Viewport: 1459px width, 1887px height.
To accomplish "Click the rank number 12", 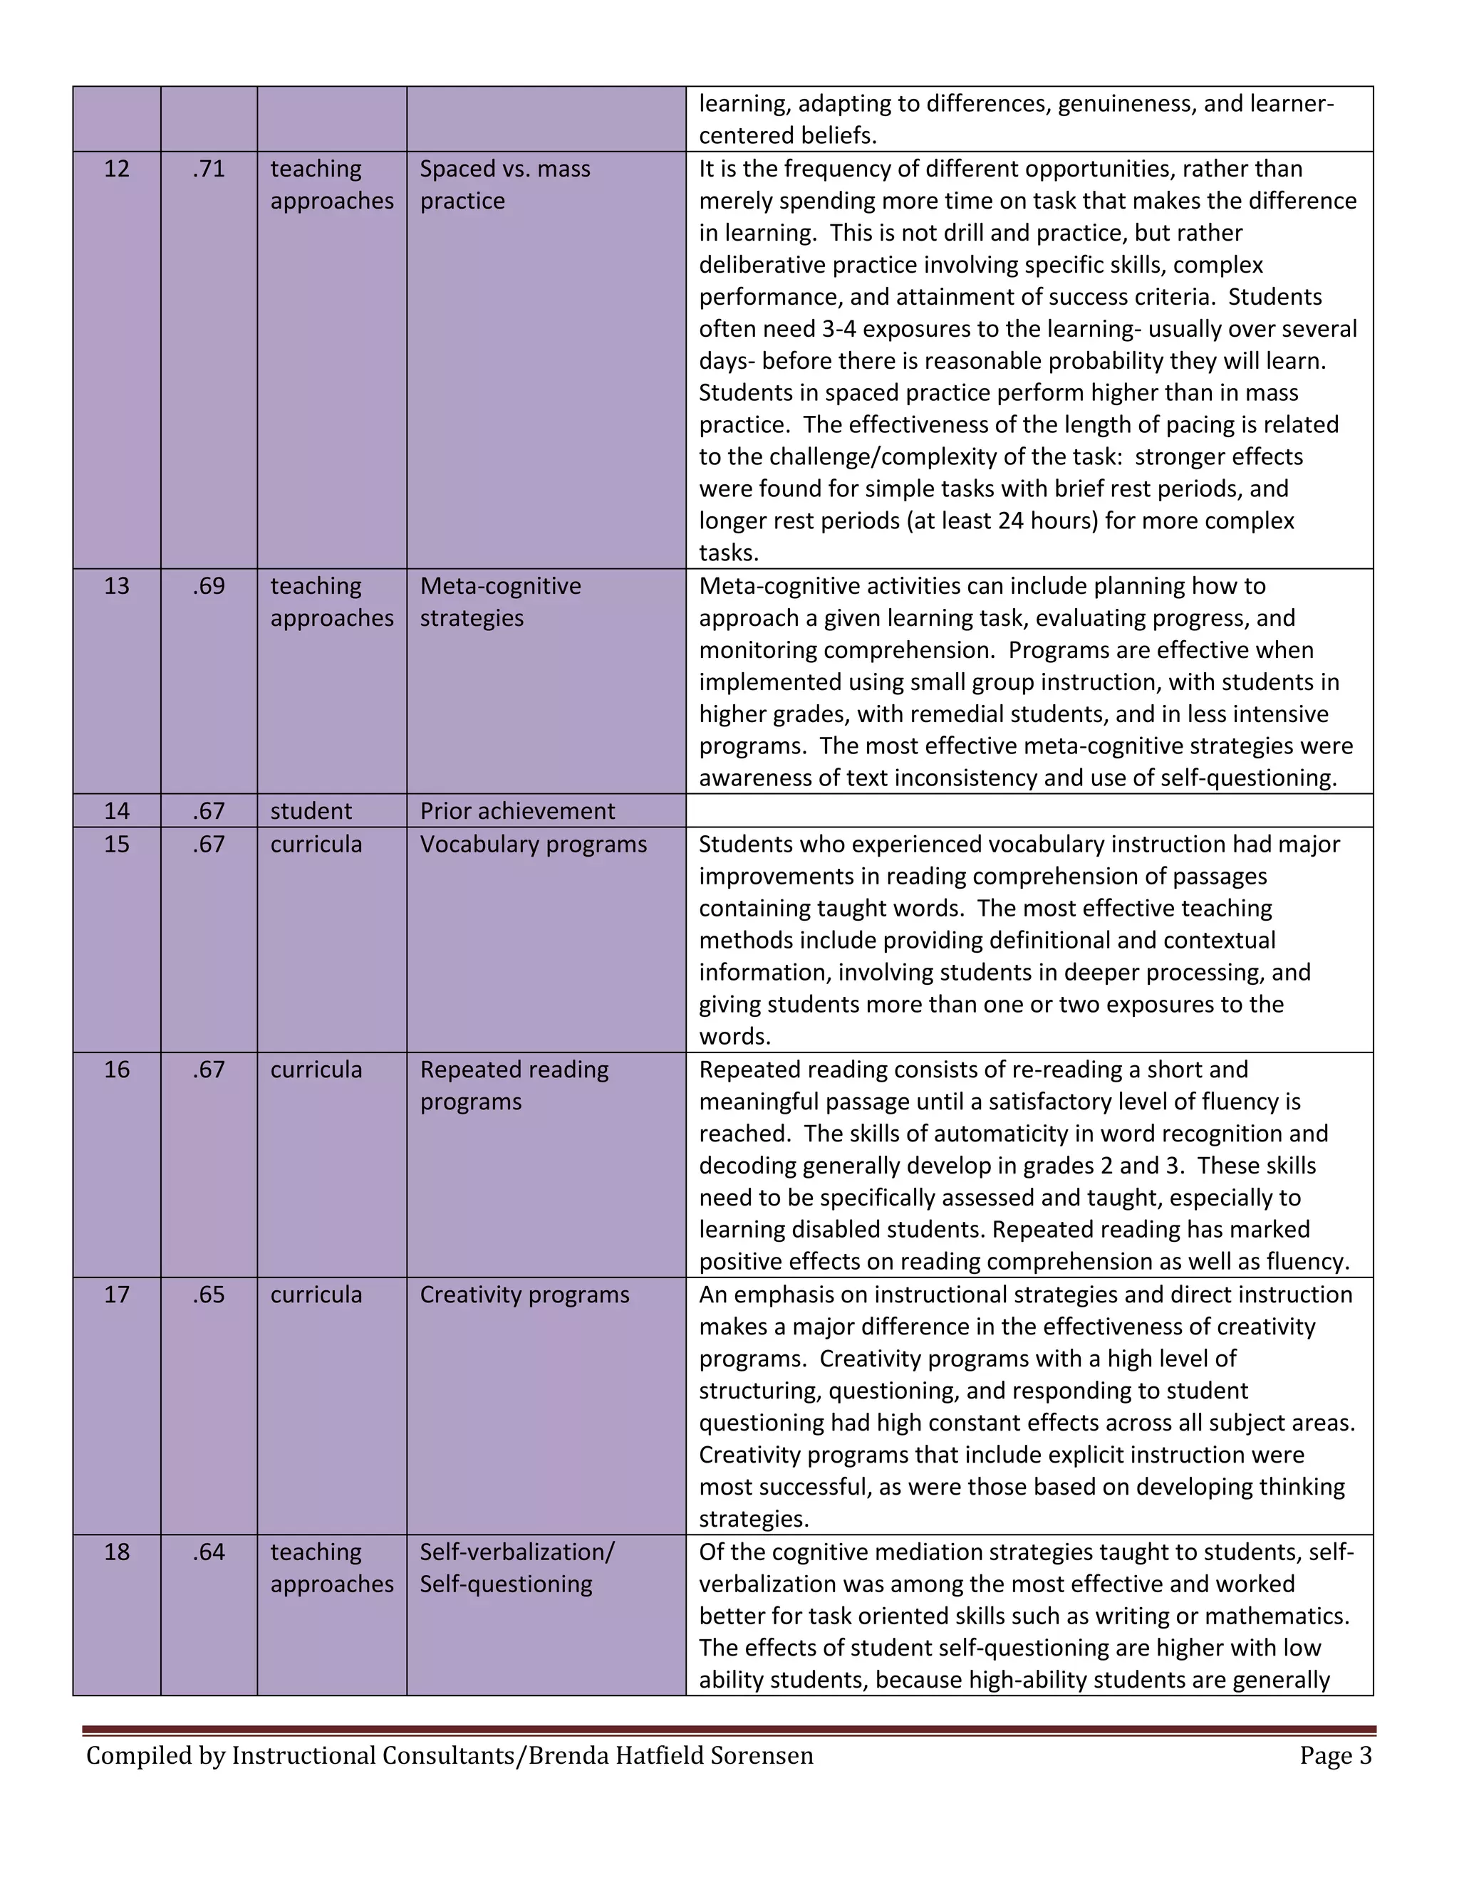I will click(x=117, y=169).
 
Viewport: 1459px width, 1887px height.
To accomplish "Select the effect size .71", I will click(x=208, y=169).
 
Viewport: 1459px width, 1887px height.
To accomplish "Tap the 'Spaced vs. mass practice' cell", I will click(x=505, y=184).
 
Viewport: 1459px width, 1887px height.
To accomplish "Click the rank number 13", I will click(x=117, y=586).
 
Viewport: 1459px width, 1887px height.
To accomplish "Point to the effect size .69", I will click(x=208, y=586).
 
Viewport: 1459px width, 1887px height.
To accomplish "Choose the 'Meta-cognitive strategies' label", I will click(x=500, y=602).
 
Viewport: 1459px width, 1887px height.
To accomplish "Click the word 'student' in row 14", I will click(x=311, y=810).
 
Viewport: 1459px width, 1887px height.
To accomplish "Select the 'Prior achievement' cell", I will click(x=517, y=810).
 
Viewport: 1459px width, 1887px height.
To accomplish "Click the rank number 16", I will click(x=117, y=1070).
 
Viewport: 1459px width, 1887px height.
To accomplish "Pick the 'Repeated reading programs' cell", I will click(x=514, y=1085).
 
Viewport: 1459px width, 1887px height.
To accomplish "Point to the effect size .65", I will click(x=208, y=1295).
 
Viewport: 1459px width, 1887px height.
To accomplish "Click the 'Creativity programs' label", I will click(x=524, y=1295).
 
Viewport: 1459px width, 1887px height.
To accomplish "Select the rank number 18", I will click(x=117, y=1552).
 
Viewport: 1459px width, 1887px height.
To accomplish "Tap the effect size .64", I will click(x=208, y=1552).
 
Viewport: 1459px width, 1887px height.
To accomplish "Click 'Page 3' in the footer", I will click(x=1336, y=1756).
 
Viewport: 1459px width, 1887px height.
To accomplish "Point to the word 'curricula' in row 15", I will click(x=316, y=844).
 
